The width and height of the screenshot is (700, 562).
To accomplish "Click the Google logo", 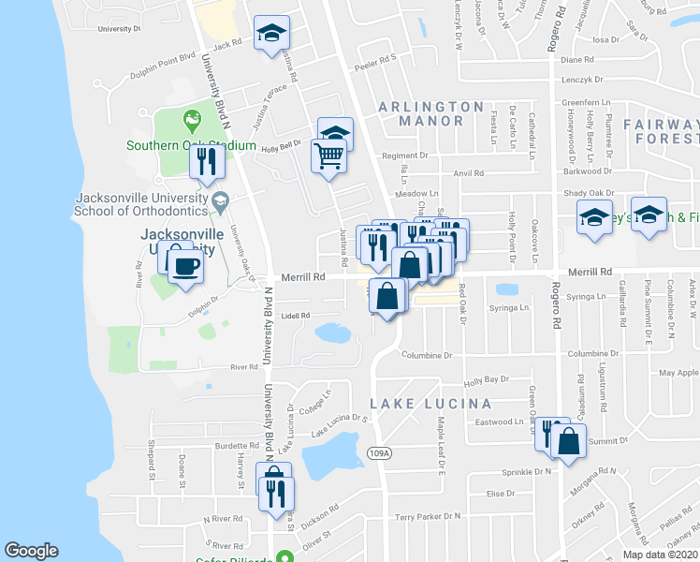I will pyautogui.click(x=32, y=551).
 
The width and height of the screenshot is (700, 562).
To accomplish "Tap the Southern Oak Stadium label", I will pyautogui.click(x=192, y=145).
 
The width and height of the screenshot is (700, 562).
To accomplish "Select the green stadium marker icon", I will pyautogui.click(x=192, y=119).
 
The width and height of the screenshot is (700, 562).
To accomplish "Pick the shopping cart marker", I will pyautogui.click(x=328, y=156).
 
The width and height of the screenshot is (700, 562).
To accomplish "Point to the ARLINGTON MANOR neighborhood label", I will pyautogui.click(x=431, y=113).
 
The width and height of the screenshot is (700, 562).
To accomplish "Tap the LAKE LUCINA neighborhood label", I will pyautogui.click(x=430, y=404).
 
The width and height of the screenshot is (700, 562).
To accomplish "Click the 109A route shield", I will pyautogui.click(x=378, y=453).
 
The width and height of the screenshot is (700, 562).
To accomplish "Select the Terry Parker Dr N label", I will pyautogui.click(x=428, y=516).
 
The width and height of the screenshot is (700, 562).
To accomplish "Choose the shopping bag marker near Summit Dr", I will pyautogui.click(x=568, y=441).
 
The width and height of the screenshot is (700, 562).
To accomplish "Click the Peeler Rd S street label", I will pyautogui.click(x=375, y=57).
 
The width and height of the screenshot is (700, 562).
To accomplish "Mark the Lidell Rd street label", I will pyautogui.click(x=295, y=316).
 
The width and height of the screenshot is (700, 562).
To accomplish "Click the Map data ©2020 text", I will pyautogui.click(x=660, y=555).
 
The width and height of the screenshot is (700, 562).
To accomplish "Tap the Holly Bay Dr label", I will pyautogui.click(x=486, y=379).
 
